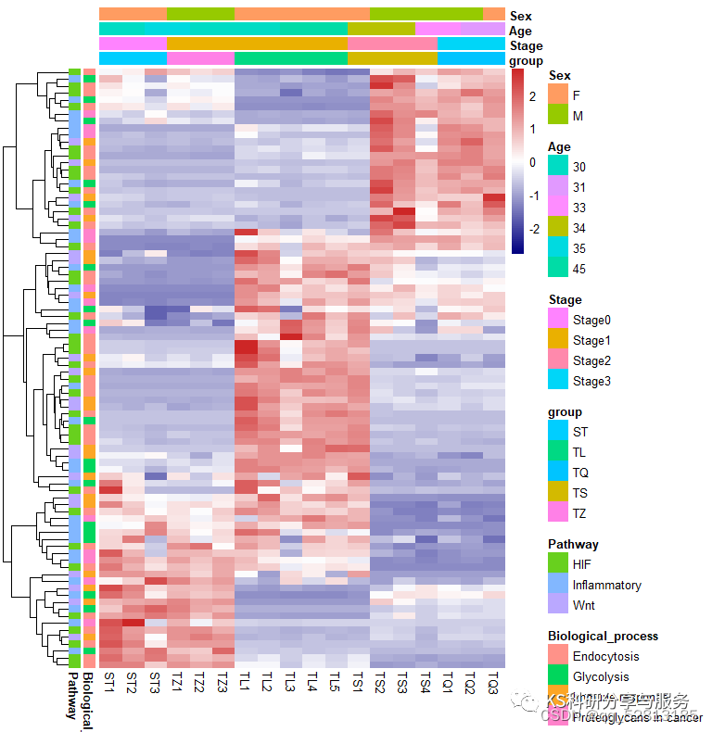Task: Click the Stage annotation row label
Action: click(x=525, y=45)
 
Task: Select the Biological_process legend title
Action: click(x=603, y=636)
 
